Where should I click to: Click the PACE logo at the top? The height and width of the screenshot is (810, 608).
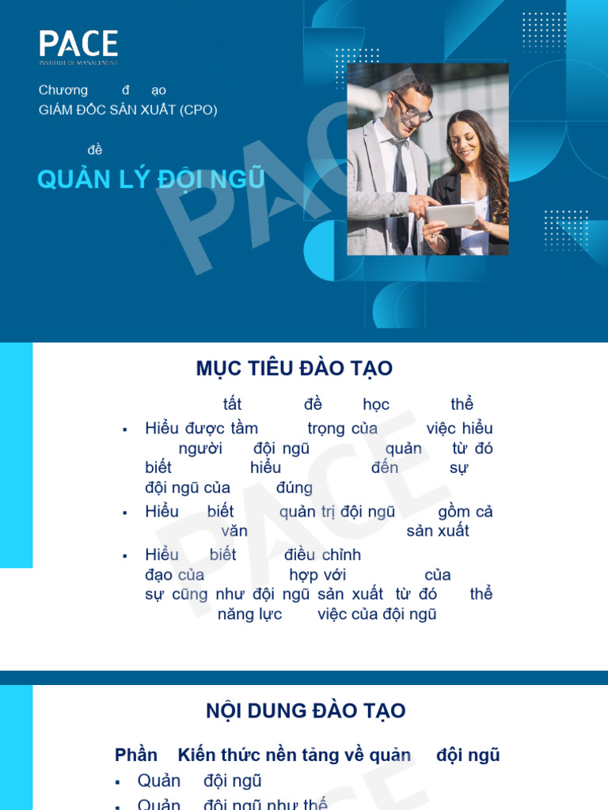(78, 46)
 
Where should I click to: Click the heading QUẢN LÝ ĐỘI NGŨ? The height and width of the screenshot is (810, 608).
(150, 180)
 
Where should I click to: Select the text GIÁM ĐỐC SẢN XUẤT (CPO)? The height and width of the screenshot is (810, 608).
(127, 110)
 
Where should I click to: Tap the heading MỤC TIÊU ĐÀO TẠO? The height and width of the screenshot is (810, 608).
(294, 369)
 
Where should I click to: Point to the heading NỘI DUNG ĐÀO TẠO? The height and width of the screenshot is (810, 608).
(306, 710)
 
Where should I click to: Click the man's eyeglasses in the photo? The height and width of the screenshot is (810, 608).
(413, 106)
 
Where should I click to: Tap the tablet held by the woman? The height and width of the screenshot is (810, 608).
(451, 214)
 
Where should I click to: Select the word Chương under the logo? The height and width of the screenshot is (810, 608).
(63, 90)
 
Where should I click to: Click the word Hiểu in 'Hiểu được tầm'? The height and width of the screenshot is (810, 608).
(162, 429)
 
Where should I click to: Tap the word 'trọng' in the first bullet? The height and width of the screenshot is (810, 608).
(326, 429)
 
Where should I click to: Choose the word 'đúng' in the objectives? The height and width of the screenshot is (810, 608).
(294, 488)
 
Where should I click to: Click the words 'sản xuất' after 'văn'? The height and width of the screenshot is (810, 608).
(438, 531)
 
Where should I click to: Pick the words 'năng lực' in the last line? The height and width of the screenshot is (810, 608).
(250, 614)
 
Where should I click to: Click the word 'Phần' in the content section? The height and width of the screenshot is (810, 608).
(136, 755)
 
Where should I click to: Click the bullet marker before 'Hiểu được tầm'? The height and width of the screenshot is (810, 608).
(125, 430)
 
